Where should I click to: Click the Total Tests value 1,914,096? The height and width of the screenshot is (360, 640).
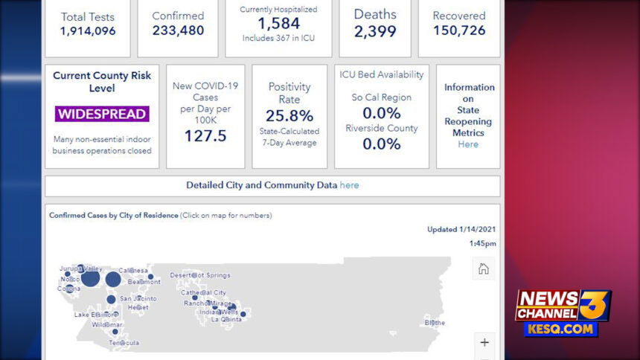coord(87,31)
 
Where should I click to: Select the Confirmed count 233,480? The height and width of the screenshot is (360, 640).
coord(178,31)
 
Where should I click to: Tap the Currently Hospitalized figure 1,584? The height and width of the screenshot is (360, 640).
coord(278,24)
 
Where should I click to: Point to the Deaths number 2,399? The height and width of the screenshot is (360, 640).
coord(375,31)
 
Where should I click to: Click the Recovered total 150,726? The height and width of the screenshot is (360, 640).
coord(459,31)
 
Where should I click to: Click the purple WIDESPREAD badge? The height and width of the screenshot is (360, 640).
coord(102,114)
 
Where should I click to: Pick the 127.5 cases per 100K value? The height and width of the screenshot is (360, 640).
coord(205,135)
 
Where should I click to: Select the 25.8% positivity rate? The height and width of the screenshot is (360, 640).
coord(289,116)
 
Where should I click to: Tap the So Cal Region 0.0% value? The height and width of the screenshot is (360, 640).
coord(381,113)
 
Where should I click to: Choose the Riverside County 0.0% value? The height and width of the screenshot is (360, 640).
coord(381,144)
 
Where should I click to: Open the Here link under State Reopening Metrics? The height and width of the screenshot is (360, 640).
coord(468,144)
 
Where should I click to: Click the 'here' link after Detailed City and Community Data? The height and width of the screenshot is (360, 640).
coord(349,185)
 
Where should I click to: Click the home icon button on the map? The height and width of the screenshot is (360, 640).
coord(484,269)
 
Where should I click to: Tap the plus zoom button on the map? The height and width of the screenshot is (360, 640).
coord(484,343)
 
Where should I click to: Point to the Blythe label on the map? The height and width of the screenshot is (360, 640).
coord(435,323)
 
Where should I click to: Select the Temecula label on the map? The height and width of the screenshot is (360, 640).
coord(124,343)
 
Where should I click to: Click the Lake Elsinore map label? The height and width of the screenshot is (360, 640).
coord(96,315)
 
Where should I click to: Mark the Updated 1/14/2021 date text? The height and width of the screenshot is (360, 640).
coord(461,229)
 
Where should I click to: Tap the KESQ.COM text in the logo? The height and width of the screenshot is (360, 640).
coord(560,328)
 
